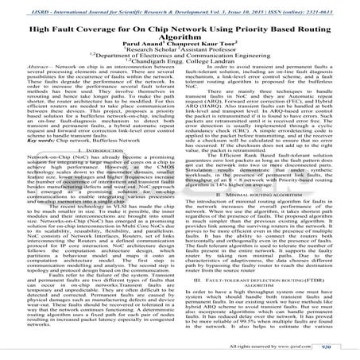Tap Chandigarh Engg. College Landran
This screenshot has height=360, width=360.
tap(183, 66)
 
